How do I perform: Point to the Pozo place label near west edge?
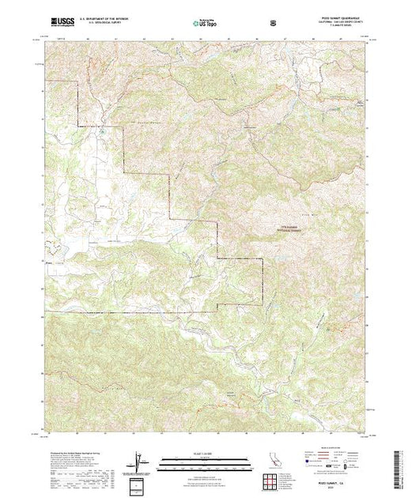[50, 255]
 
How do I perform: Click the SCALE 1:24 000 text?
[205, 453]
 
